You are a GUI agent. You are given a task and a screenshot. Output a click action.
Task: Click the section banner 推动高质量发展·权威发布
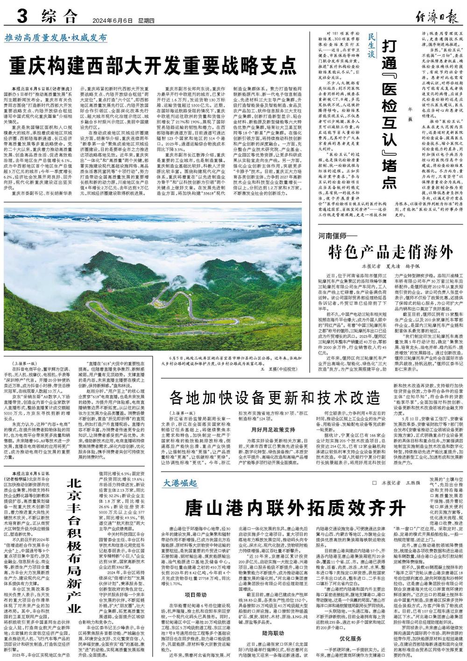[x=56, y=38]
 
